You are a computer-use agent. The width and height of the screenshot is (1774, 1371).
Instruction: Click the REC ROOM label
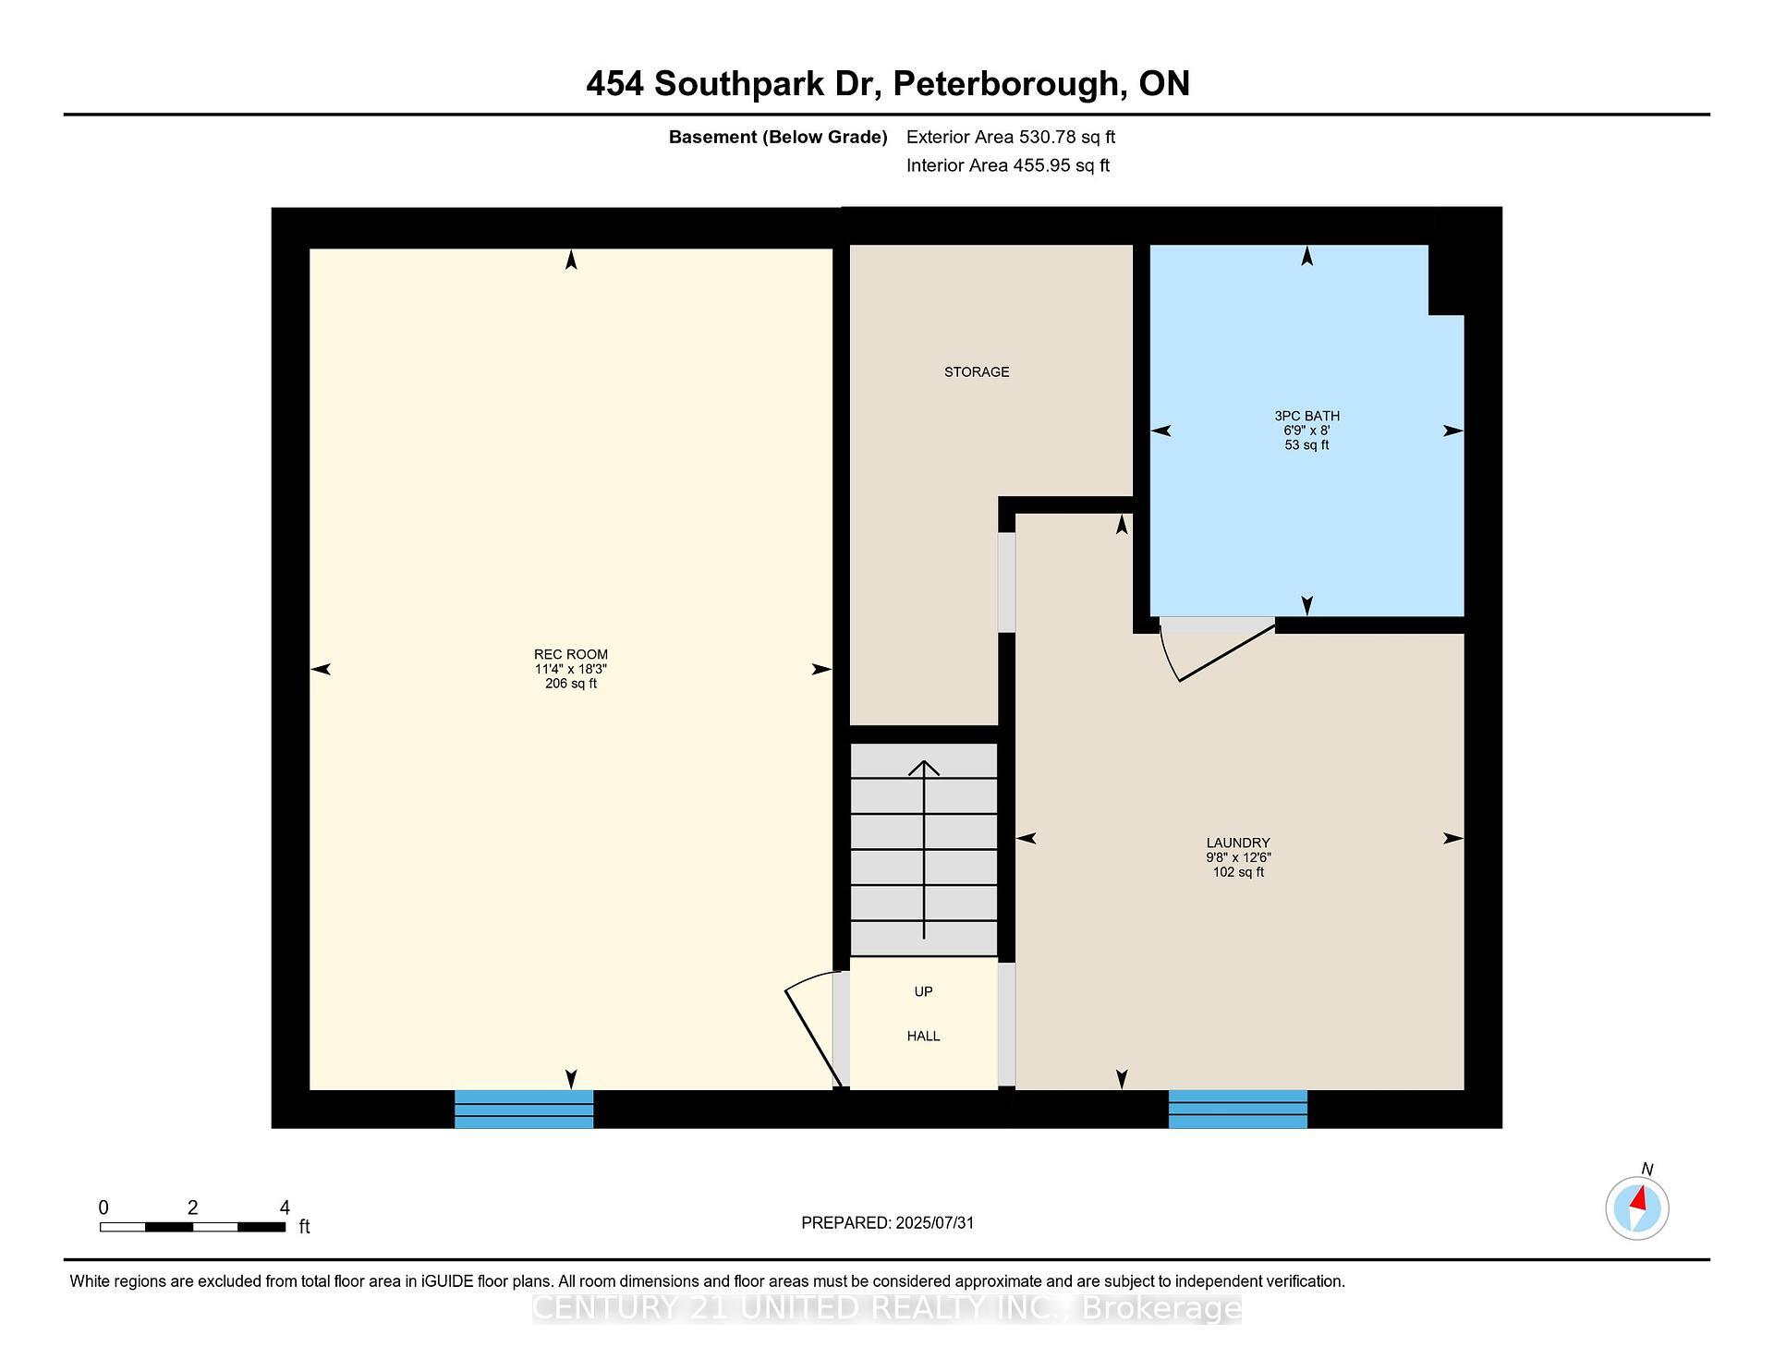(x=571, y=654)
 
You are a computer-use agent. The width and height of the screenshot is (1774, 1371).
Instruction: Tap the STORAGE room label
(x=977, y=371)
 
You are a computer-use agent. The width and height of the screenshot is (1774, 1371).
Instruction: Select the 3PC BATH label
(x=1306, y=416)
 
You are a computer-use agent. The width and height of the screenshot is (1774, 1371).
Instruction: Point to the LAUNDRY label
(x=1238, y=843)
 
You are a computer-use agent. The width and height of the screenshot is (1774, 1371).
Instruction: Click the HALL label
(x=923, y=1036)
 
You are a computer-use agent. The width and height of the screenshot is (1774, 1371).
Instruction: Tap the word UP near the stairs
(x=923, y=991)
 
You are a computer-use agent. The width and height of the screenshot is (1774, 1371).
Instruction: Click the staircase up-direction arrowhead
(x=924, y=767)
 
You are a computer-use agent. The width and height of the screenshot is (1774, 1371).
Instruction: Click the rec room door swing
(x=811, y=1025)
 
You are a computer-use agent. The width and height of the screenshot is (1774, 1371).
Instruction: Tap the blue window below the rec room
(x=524, y=1109)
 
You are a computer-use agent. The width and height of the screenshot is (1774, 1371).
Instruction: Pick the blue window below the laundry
(x=1238, y=1109)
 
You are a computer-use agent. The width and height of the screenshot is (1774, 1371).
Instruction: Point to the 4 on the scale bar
(x=285, y=1207)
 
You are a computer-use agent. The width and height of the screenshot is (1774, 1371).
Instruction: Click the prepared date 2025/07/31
(x=935, y=1222)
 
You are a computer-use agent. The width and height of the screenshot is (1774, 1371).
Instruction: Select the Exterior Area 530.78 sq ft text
(x=1011, y=137)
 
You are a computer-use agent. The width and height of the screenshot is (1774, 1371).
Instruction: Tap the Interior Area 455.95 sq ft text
(x=1008, y=165)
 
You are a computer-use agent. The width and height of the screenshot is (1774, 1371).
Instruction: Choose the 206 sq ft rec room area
(x=571, y=684)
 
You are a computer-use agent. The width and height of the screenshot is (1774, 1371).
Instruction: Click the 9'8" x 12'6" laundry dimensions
(x=1238, y=857)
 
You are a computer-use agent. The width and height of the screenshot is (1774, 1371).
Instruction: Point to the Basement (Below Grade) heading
(x=778, y=138)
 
